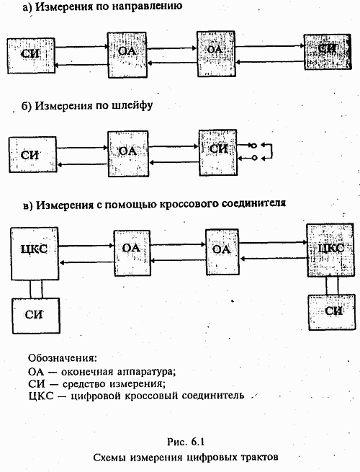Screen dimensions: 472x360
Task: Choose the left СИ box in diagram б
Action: [x=30, y=154]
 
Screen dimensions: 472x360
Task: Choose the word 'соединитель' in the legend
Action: [x=215, y=395]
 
